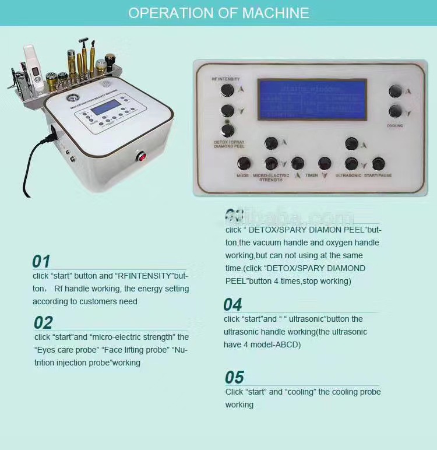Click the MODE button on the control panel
244,164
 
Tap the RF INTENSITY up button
227,90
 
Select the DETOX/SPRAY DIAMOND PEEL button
228,130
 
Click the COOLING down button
396,111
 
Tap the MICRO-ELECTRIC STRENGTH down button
271,164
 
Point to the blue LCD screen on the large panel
312,100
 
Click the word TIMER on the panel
311,175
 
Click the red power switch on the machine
140,156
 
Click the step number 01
41,261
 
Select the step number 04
232,304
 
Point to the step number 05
234,377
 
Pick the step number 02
43,322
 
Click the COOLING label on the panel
394,125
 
